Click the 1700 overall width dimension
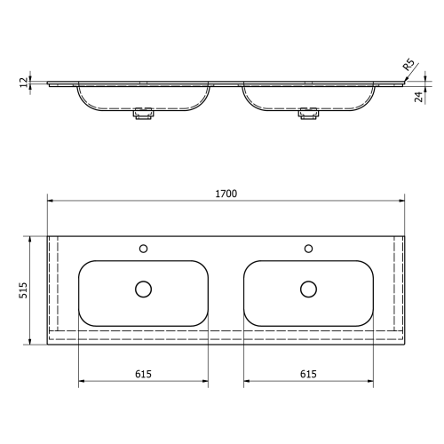coord(226,194)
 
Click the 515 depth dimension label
coord(24,291)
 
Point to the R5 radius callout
coord(408,66)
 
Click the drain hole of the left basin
coord(144,289)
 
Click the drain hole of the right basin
coord(308,289)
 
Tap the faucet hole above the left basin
coord(144,248)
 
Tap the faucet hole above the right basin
coord(308,248)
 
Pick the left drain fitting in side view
coord(143,113)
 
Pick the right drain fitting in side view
coord(308,113)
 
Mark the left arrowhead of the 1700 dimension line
coord(50,202)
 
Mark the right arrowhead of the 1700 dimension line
coord(404,202)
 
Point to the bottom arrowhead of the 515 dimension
coord(32,344)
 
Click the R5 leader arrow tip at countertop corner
coord(403,81)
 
